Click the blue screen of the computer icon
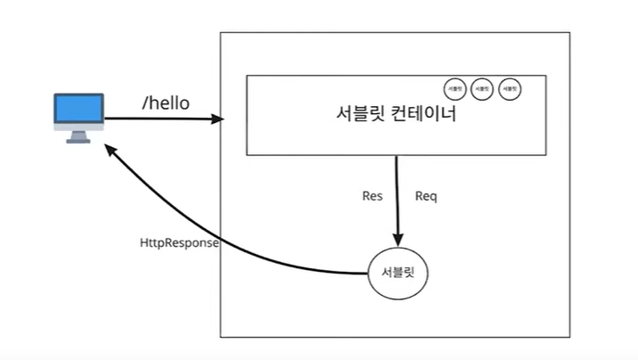click(x=78, y=110)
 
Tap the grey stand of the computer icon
click(x=78, y=135)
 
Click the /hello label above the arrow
click(x=166, y=102)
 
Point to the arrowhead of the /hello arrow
click(x=217, y=119)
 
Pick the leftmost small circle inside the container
click(x=454, y=89)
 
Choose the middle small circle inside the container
click(x=482, y=89)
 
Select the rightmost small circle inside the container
click(x=510, y=89)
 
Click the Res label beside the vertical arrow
click(x=372, y=196)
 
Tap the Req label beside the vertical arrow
click(x=426, y=196)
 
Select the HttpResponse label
click(x=179, y=242)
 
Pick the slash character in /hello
click(x=145, y=102)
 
